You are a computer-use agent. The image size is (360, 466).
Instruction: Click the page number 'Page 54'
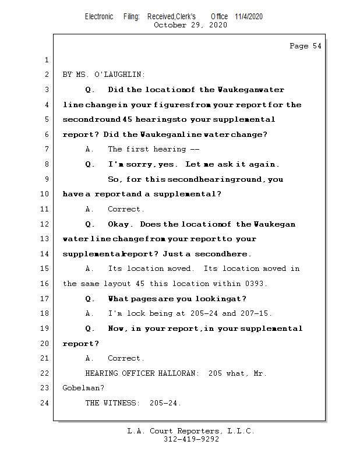click(305, 46)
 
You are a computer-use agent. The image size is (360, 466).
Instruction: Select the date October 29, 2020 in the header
click(190, 25)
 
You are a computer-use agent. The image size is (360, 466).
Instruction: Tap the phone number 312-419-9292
click(191, 440)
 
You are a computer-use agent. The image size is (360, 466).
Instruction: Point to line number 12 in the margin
click(45, 224)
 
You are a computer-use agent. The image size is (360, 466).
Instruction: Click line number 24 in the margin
click(45, 403)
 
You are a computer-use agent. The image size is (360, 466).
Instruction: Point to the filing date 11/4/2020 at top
click(249, 16)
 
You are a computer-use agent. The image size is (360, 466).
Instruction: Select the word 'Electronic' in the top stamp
click(99, 16)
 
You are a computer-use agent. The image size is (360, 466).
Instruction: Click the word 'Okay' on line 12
click(120, 224)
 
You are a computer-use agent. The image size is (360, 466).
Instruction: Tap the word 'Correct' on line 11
click(125, 209)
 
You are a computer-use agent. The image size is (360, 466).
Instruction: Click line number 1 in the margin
click(45, 61)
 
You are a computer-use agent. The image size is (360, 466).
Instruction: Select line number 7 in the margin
click(45, 150)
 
